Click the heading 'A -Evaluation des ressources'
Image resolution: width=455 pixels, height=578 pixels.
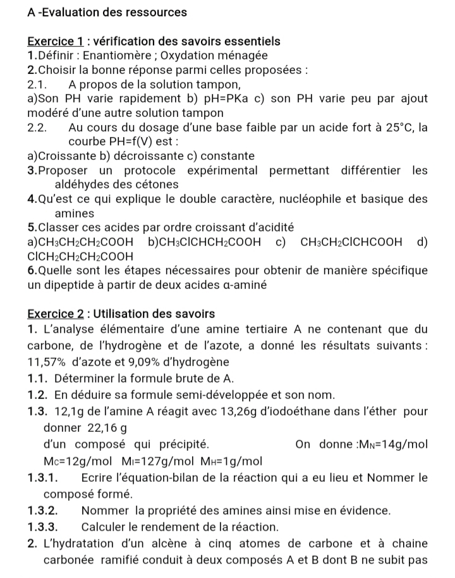(x=107, y=12)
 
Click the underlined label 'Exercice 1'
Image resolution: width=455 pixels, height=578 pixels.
(x=56, y=42)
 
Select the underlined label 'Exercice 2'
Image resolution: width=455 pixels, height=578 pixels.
(x=56, y=314)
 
